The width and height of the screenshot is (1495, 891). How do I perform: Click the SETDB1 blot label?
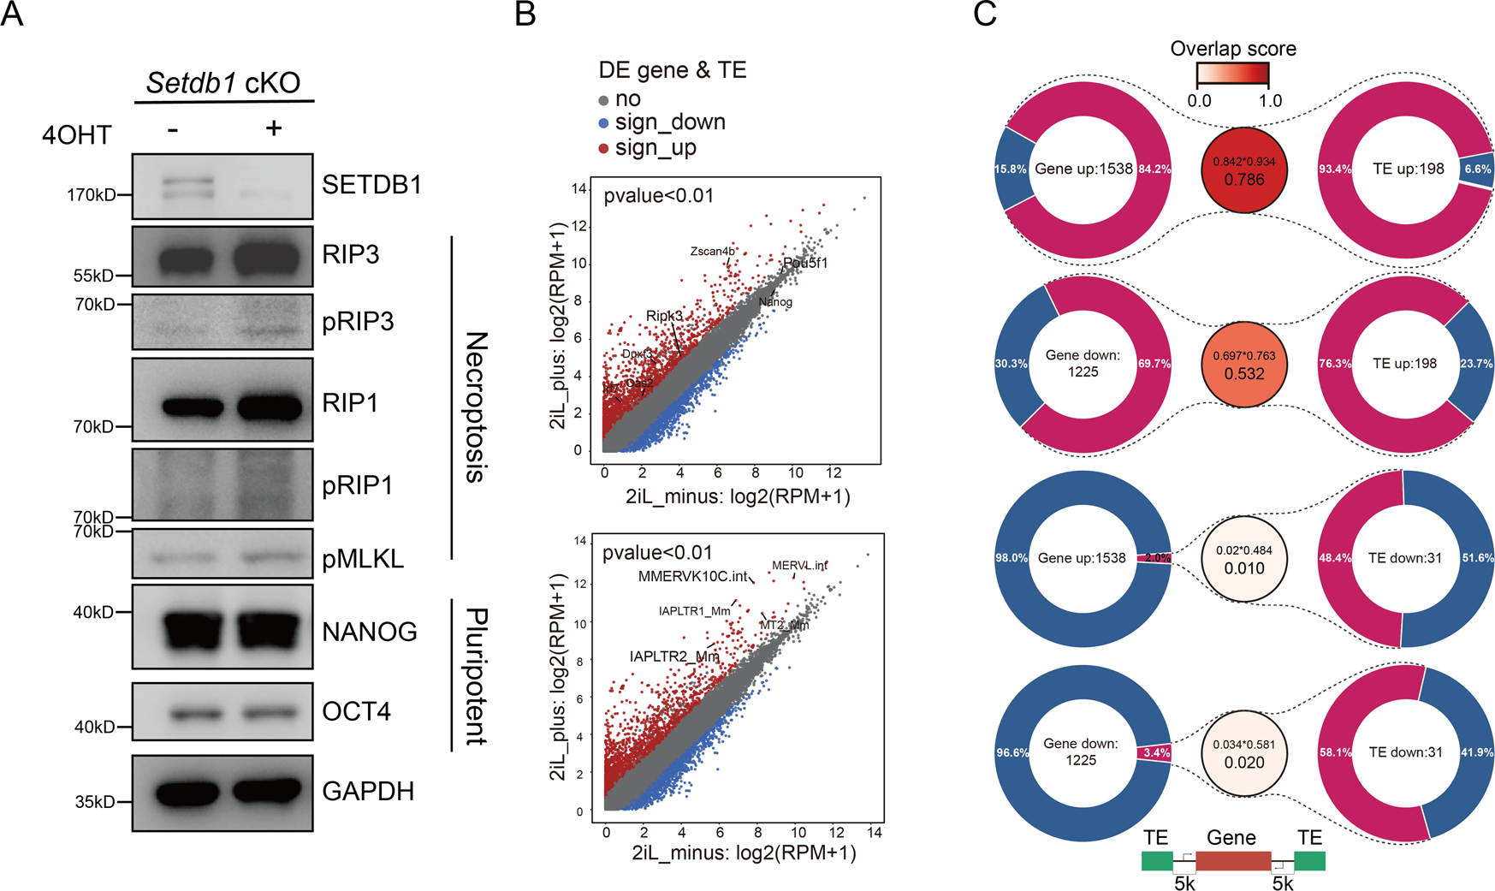coord(371,185)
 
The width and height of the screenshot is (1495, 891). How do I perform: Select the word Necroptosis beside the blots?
coord(476,407)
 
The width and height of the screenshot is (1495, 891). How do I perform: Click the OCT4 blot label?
coord(356,711)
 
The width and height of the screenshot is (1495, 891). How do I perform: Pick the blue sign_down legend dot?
coord(603,123)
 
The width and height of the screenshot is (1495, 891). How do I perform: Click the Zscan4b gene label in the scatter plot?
coord(712,251)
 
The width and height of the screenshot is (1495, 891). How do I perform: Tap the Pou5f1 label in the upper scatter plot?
coord(805,263)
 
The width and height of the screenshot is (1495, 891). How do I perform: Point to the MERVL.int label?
coord(799,566)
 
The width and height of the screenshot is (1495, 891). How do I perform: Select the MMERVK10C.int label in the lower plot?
coord(693,576)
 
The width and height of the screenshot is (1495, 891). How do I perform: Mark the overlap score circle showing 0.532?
coord(1243,365)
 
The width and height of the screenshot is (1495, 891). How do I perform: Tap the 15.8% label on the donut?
coord(1010,169)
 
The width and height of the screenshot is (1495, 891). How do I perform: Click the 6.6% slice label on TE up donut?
coord(1477,169)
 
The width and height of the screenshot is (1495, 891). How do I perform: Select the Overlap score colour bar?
coord(1232,74)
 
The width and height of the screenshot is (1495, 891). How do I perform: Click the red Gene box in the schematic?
coord(1232,861)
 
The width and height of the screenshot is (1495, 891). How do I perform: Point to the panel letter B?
coord(525,15)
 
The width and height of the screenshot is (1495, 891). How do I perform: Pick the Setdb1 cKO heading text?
coord(223,82)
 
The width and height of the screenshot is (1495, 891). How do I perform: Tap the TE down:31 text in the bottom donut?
coord(1405,752)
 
